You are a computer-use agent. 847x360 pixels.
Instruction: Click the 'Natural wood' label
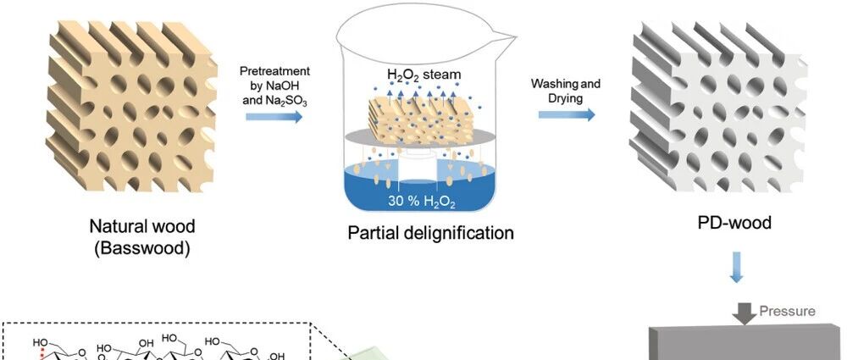[142, 225]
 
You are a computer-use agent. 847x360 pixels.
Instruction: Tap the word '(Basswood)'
[142, 249]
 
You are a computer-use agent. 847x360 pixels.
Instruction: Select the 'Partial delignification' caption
[430, 233]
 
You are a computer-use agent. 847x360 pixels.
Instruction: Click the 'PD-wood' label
[735, 222]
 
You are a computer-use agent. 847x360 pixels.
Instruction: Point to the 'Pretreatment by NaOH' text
[275, 79]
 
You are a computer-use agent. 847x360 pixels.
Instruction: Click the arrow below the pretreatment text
[274, 116]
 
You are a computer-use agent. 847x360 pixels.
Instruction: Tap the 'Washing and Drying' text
[566, 91]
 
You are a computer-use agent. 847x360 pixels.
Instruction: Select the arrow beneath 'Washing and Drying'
[567, 114]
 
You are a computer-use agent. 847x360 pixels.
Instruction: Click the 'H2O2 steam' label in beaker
[424, 74]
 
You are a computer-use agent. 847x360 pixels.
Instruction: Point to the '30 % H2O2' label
[421, 202]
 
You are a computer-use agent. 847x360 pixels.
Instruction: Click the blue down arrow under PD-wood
[736, 267]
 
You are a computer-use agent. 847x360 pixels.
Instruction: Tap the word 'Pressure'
[787, 311]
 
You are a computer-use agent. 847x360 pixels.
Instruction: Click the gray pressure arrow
[745, 313]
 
